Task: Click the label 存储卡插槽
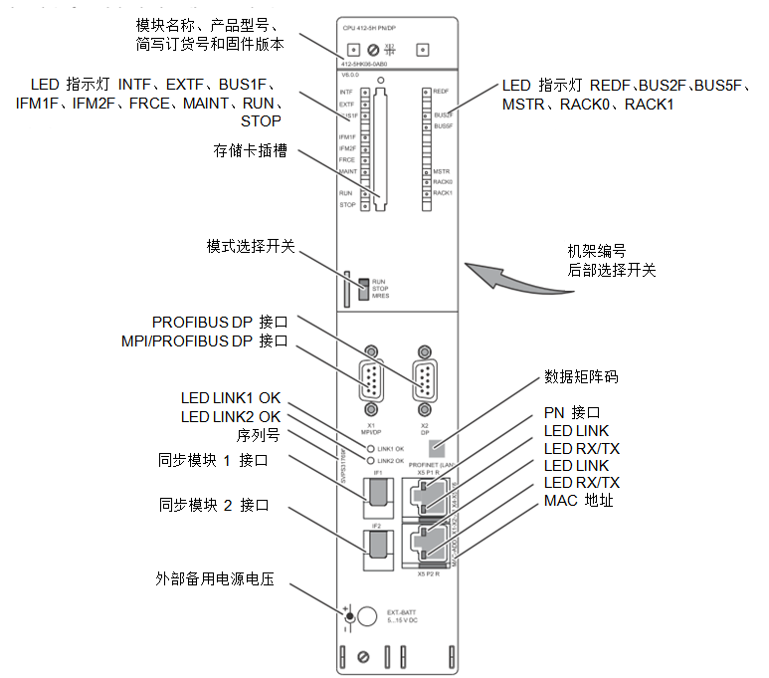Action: (x=251, y=150)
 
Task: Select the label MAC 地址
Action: (x=579, y=500)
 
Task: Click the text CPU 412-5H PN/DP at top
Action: (x=369, y=29)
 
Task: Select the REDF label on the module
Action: (x=443, y=91)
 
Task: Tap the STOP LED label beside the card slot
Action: (x=347, y=204)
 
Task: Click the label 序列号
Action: (x=259, y=435)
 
